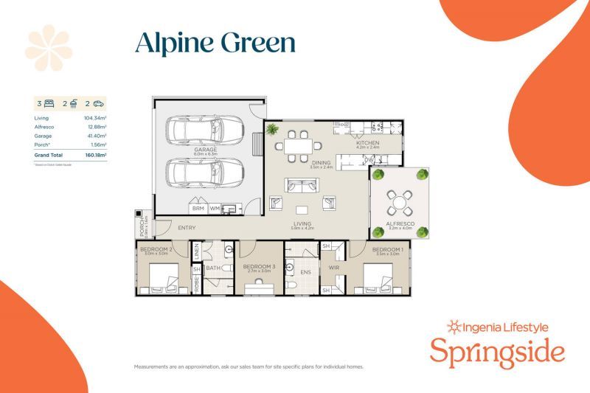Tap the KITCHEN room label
click(367, 142)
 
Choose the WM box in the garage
click(214, 209)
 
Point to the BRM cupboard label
click(198, 209)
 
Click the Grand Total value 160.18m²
click(95, 156)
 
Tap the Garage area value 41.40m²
click(96, 136)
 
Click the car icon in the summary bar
click(98, 104)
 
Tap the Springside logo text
click(497, 351)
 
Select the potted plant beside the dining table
click(272, 130)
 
